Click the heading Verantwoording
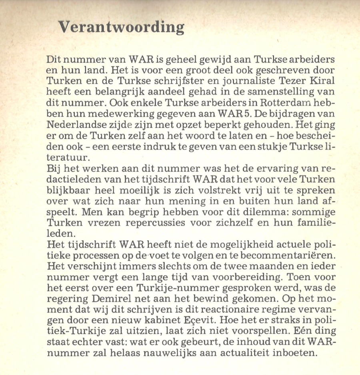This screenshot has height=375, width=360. [x=121, y=27]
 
